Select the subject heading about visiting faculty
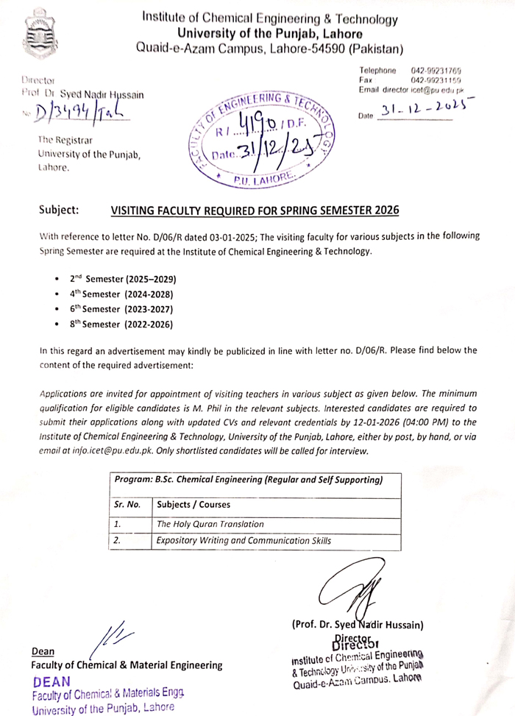click(255, 210)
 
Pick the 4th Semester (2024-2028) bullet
click(123, 294)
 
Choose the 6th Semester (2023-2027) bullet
click(123, 309)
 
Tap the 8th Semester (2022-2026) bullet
click(123, 324)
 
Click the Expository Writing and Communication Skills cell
click(244, 541)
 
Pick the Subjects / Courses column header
click(193, 505)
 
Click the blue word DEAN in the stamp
click(51, 681)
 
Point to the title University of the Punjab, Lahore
click(269, 34)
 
